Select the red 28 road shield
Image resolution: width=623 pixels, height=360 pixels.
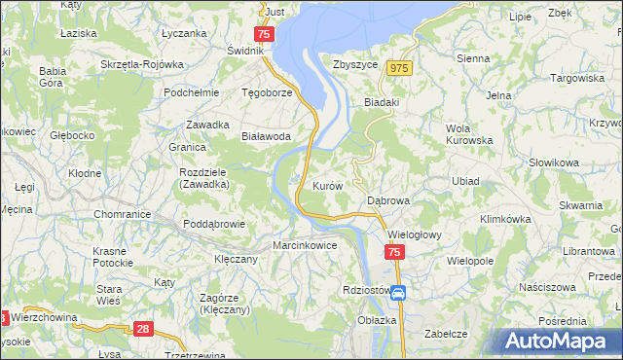[x=144, y=330]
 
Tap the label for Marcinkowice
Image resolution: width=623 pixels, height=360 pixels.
[x=305, y=246]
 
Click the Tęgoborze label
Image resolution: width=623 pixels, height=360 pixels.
[x=267, y=93]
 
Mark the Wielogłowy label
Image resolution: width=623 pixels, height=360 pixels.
[x=416, y=234]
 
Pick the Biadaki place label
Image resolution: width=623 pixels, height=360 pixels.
[x=382, y=100]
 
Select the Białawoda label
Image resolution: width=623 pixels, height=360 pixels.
[x=267, y=137]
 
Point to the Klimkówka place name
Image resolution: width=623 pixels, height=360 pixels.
[x=504, y=220]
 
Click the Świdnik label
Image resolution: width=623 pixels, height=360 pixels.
[x=245, y=51]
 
